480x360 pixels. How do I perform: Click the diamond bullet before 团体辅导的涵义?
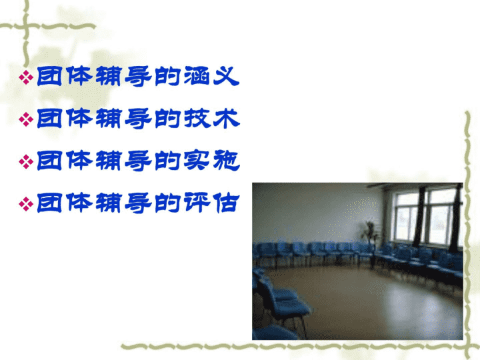[x=26, y=77]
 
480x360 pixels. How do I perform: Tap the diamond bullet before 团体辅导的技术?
[x=26, y=119]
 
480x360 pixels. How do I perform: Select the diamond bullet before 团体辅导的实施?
[x=26, y=161]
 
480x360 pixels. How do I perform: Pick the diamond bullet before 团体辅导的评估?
[x=26, y=204]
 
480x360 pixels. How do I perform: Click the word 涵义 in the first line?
[x=211, y=76]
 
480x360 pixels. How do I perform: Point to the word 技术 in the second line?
[x=212, y=119]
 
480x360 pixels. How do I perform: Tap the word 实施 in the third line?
[x=212, y=161]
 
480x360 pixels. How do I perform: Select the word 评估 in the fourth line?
[x=211, y=203]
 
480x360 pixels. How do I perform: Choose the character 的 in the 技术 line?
[x=167, y=119]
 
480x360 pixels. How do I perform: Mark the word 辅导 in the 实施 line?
[x=124, y=161]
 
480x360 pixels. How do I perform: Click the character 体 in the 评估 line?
[x=79, y=203]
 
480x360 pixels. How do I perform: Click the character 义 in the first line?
[x=226, y=76]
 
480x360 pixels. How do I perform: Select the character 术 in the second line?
[x=227, y=119]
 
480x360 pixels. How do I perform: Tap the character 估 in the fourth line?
[x=226, y=203]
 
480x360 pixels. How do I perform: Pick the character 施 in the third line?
[x=227, y=161]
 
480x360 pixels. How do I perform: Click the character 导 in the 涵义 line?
[x=138, y=77]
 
